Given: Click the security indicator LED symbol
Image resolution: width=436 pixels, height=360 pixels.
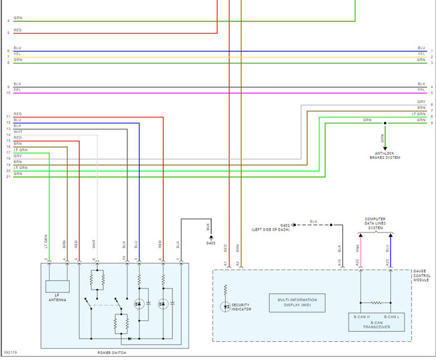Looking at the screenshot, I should (225, 306).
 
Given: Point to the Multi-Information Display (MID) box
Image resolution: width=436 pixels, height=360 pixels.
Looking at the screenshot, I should (297, 303).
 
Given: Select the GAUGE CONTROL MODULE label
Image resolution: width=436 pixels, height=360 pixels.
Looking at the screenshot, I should (422, 276).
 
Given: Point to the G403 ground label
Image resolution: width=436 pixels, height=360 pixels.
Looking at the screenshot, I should (211, 243).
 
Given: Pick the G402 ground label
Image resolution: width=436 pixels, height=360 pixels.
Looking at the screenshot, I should (285, 225).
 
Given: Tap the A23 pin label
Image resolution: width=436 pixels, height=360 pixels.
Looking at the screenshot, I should (387, 262).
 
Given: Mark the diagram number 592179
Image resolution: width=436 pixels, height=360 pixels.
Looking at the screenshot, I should (10, 351).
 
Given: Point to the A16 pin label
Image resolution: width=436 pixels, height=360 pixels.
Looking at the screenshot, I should (339, 262).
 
